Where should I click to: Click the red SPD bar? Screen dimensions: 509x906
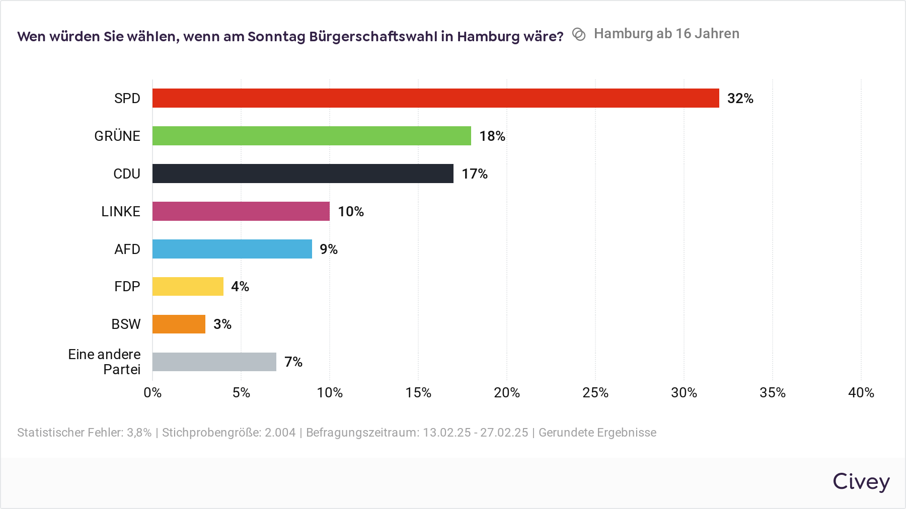click(x=435, y=98)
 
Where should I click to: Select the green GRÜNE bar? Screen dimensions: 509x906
click(x=312, y=136)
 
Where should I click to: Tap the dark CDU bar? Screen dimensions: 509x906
click(x=303, y=174)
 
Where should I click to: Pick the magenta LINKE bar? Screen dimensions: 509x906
click(x=241, y=211)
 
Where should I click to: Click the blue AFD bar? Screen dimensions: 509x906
click(x=232, y=249)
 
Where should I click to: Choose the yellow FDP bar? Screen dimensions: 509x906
click(x=188, y=286)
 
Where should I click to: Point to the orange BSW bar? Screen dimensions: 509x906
click(x=179, y=324)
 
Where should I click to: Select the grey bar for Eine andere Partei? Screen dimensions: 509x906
click(x=214, y=362)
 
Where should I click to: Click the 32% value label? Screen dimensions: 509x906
click(x=740, y=99)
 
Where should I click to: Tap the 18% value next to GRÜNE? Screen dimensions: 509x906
click(x=492, y=136)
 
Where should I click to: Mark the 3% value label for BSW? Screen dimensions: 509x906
click(x=222, y=324)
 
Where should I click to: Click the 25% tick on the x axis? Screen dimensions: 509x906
click(x=595, y=393)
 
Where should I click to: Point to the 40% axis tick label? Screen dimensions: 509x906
click(x=861, y=393)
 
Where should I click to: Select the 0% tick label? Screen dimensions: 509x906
click(x=153, y=393)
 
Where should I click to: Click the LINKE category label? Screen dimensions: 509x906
click(x=120, y=212)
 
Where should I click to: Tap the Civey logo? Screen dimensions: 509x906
click(x=861, y=481)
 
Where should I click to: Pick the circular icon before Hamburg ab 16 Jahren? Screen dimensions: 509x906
click(x=579, y=34)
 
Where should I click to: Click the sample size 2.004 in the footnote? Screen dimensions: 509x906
click(x=280, y=433)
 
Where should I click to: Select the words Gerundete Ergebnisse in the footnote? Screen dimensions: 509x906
click(x=597, y=433)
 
